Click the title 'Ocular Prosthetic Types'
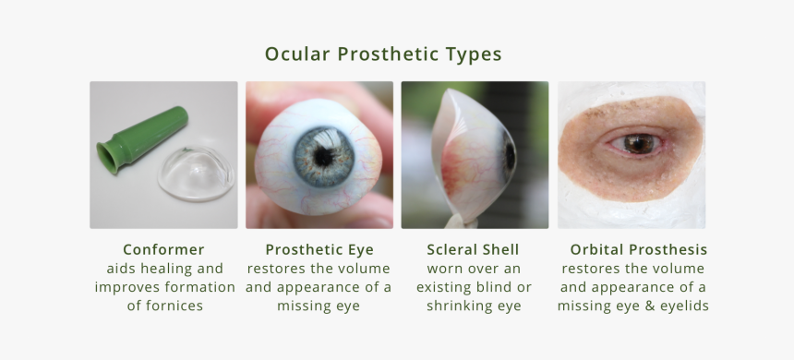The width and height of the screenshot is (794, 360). tap(383, 54)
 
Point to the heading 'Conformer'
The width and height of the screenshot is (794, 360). tap(163, 250)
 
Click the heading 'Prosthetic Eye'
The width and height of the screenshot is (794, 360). tap(319, 250)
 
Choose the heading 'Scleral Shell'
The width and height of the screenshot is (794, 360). tap(473, 250)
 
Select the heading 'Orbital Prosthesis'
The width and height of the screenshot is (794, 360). tap(638, 250)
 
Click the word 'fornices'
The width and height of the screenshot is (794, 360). tap(164, 306)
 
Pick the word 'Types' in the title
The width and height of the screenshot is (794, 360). tap(473, 54)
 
